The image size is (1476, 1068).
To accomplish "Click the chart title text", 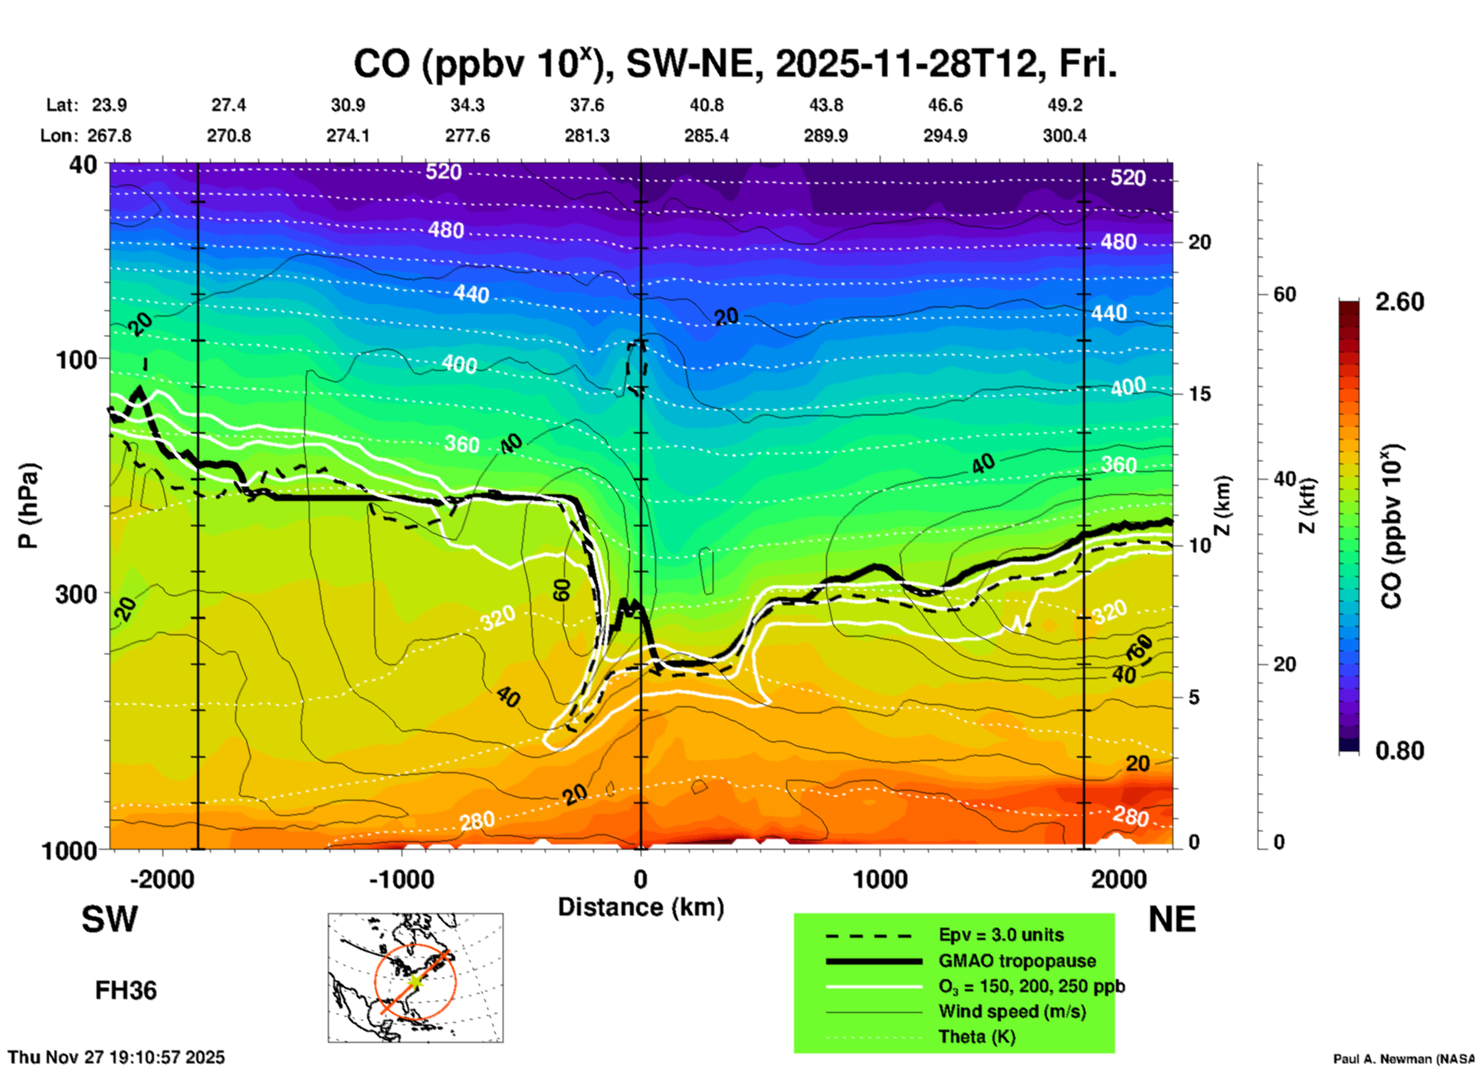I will coord(734,64).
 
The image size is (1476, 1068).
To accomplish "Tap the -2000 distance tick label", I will coord(162,880).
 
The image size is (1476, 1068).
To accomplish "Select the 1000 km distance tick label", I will coord(880,880).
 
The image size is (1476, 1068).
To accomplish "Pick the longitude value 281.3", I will coord(587,136).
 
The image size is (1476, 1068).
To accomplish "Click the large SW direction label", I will coord(110,919).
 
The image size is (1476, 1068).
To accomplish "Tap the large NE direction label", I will coord(1172,919).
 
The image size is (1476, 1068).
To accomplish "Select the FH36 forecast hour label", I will coord(126,991).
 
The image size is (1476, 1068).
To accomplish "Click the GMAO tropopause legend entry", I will coord(1017,961).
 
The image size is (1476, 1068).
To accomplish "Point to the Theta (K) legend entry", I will coord(976,1037).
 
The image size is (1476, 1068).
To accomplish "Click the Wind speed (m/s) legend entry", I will coord(1012,1011).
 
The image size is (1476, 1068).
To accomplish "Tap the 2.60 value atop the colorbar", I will coord(1399,302).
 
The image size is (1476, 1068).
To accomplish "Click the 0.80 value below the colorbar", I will coord(1399,750).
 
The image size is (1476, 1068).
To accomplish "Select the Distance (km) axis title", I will coord(641,907).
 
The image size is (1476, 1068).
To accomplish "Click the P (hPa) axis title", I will coord(28,506).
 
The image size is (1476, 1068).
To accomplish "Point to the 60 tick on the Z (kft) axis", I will coord(1284,294).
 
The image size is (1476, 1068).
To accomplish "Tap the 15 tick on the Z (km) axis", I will coord(1199,394).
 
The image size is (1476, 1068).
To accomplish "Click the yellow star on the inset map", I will coord(415,981).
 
